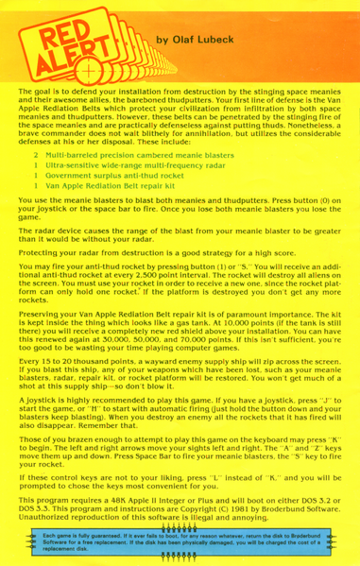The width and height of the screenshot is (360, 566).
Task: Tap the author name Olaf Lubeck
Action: pos(193,40)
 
